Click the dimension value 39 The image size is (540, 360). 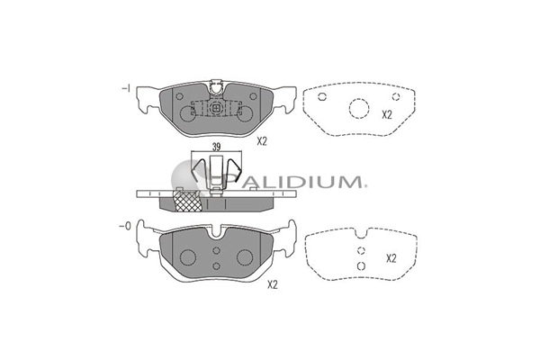point(216,147)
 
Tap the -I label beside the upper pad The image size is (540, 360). point(126,88)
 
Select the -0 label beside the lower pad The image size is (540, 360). point(125,226)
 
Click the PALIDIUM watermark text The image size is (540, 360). point(299,181)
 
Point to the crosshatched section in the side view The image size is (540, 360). point(188,201)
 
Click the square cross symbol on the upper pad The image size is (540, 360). point(216,108)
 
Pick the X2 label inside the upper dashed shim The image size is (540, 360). point(387,114)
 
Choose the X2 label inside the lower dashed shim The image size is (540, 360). point(391,258)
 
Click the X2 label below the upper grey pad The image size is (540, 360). point(262,141)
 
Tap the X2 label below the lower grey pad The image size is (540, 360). point(273,285)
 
